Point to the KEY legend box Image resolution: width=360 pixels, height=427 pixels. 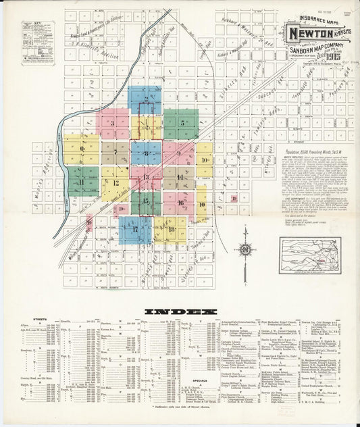(x=29, y=45)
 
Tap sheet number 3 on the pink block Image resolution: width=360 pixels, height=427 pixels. (x=113, y=123)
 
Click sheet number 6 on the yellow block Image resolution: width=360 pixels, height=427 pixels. (x=81, y=149)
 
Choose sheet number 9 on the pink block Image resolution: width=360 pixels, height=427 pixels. (x=180, y=153)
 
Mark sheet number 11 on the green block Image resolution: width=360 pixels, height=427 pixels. (x=82, y=182)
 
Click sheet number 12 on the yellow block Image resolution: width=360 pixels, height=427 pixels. (x=116, y=182)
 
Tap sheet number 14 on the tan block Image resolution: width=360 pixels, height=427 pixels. (x=180, y=177)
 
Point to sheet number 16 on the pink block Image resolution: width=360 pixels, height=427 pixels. (x=181, y=202)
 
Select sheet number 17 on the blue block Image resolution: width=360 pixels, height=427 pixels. (x=135, y=229)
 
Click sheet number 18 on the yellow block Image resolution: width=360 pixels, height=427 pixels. (x=173, y=230)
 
